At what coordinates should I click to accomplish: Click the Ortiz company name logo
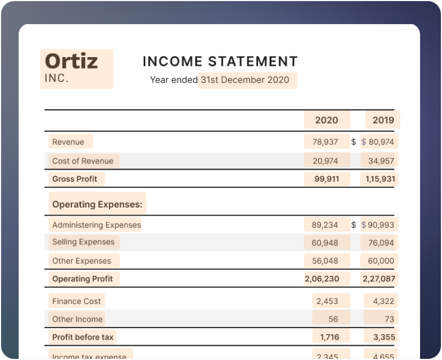pyautogui.click(x=71, y=61)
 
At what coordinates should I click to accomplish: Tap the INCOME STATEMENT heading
pyautogui.click(x=219, y=61)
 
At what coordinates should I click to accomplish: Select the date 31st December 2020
pyautogui.click(x=245, y=80)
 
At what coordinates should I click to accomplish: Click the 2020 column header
pyautogui.click(x=326, y=120)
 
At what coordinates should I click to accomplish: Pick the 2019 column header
pyautogui.click(x=383, y=120)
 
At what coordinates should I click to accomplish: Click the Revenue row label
pyautogui.click(x=69, y=142)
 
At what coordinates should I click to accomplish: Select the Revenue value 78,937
pyautogui.click(x=325, y=142)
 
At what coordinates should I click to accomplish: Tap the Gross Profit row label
pyautogui.click(x=75, y=179)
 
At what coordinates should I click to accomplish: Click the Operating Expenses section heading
pyautogui.click(x=97, y=205)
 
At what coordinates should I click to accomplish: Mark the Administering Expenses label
pyautogui.click(x=97, y=225)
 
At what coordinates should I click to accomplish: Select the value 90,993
pyautogui.click(x=381, y=225)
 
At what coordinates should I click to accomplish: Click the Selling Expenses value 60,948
pyautogui.click(x=325, y=243)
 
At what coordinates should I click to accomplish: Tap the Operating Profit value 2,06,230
pyautogui.click(x=322, y=279)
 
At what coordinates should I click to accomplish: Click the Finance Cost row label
pyautogui.click(x=76, y=301)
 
